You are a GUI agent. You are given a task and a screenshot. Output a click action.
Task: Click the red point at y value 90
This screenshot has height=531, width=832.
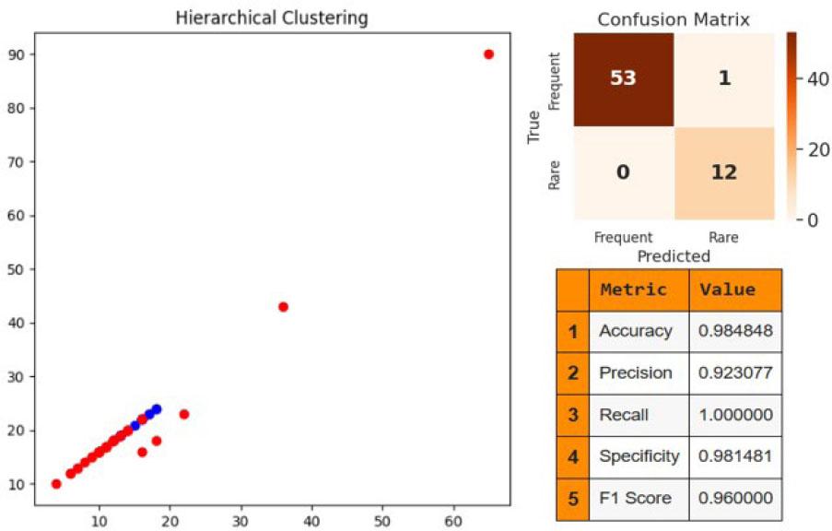488,54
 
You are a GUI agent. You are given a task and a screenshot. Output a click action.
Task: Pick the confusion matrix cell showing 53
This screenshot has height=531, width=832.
623,78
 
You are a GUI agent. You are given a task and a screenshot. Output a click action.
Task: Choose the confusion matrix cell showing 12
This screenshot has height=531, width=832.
723,171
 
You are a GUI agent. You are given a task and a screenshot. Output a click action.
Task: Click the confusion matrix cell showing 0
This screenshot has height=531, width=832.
623,171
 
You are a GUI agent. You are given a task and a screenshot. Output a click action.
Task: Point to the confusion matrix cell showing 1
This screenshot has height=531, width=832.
723,78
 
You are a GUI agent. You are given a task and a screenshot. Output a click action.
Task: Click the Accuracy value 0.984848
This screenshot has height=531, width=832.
735,330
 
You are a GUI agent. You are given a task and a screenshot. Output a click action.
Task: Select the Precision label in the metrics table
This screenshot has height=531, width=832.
635,372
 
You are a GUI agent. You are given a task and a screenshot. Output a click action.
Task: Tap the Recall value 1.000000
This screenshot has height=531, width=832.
735,415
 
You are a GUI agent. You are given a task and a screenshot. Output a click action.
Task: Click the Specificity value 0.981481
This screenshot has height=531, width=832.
735,456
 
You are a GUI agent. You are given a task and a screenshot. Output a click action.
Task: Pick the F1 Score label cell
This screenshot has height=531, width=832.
635,499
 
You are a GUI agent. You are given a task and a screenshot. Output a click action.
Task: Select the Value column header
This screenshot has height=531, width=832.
728,289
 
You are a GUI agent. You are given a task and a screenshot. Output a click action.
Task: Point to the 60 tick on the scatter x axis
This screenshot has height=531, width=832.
452,520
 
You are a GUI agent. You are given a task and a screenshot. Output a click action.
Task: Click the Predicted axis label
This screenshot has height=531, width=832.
674,256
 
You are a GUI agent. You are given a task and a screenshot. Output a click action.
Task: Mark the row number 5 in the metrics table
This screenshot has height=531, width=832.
572,499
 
